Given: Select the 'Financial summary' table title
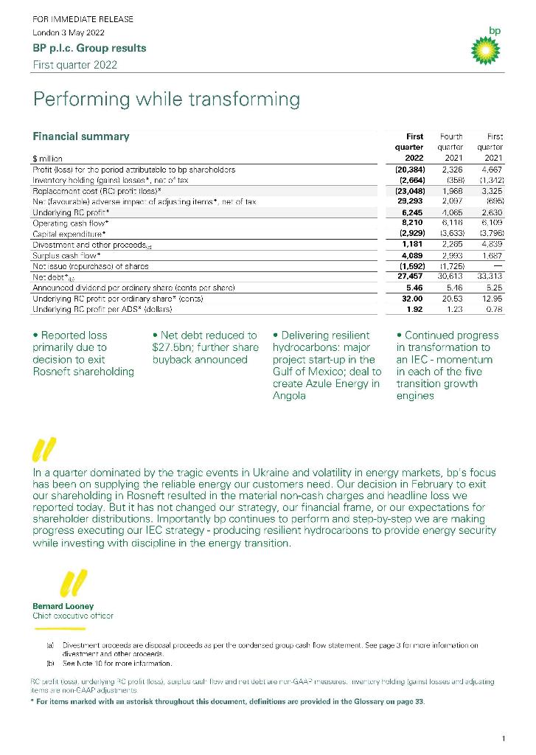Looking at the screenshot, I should (x=81, y=136).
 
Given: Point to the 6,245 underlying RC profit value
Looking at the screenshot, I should (x=410, y=212).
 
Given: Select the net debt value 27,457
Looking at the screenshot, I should (x=408, y=276).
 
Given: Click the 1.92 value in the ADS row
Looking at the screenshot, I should (x=414, y=310).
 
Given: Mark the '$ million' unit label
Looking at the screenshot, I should (x=47, y=158).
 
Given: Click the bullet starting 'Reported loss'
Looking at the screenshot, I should (x=83, y=353).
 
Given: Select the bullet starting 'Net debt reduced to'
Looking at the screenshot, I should (x=204, y=347).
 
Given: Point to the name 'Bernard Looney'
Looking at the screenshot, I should (x=63, y=606).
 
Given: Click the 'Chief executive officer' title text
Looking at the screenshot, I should (x=73, y=615).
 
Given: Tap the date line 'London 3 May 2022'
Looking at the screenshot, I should (x=69, y=33).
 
